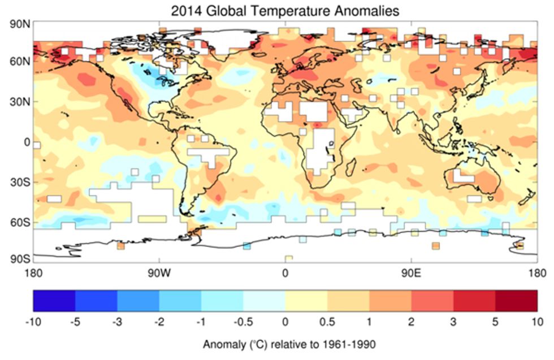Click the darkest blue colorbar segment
click(x=54, y=300)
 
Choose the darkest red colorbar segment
click(x=517, y=300)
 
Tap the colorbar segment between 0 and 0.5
click(x=306, y=300)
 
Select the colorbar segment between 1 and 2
click(x=390, y=300)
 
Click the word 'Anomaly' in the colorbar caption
click(x=222, y=345)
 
